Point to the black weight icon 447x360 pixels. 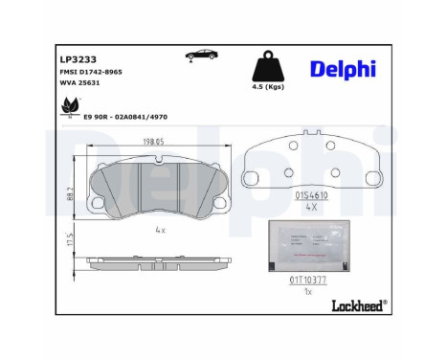269,70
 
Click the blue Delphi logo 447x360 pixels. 343,68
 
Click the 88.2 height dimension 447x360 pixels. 70,192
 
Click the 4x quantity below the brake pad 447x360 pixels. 160,230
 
